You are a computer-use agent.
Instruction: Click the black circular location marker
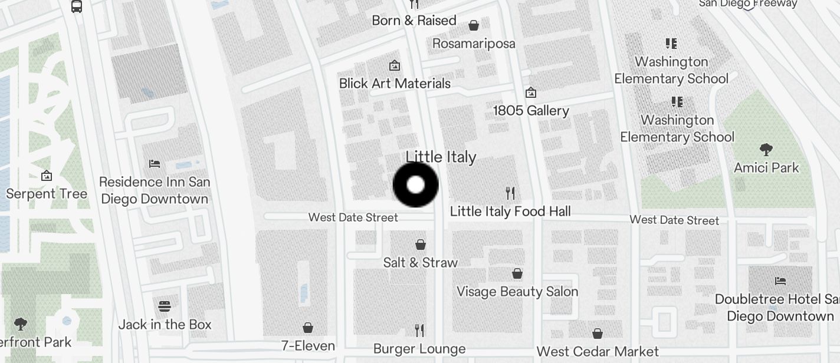tap(416, 184)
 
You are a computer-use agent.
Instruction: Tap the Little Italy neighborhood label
tap(441, 157)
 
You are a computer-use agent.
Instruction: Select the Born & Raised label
tap(414, 21)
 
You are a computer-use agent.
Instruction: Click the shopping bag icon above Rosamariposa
tap(473, 25)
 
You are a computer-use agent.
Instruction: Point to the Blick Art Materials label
tap(395, 84)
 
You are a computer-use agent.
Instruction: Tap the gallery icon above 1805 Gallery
tap(531, 93)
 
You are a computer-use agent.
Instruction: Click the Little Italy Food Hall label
tap(510, 211)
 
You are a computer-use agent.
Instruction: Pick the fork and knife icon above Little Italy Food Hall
tap(510, 193)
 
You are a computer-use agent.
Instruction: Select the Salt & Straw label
tap(420, 262)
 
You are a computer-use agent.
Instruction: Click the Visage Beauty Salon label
tap(517, 291)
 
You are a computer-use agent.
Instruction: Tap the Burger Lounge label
tap(419, 349)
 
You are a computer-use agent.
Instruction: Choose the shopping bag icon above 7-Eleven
tap(307, 328)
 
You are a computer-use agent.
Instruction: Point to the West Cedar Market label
tap(598, 352)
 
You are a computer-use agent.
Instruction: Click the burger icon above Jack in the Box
tap(165, 306)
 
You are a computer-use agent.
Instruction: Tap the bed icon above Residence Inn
tap(155, 164)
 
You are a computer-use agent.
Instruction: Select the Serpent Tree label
tap(47, 194)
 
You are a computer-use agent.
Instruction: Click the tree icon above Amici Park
tap(766, 149)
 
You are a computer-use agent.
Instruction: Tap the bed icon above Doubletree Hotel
tap(780, 280)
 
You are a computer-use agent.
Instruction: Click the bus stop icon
tap(77, 6)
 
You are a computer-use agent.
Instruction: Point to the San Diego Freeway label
tap(747, 4)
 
